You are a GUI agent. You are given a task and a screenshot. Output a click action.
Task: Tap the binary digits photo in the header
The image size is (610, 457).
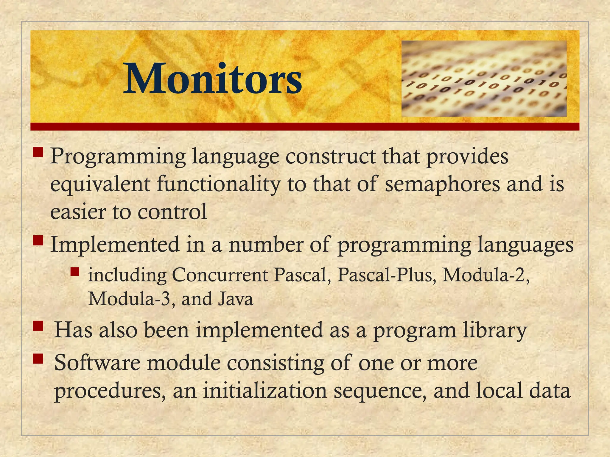(484, 79)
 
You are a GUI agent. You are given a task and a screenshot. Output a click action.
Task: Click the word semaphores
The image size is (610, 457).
(442, 184)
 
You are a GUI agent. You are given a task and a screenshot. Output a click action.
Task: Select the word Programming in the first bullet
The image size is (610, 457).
(118, 157)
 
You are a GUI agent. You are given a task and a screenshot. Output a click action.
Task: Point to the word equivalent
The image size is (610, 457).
(100, 184)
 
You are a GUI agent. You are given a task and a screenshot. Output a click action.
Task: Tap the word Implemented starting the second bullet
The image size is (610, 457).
(115, 244)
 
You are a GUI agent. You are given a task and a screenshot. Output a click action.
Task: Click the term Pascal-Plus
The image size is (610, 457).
(385, 275)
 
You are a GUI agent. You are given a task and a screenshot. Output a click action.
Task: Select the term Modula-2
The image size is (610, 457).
(485, 275)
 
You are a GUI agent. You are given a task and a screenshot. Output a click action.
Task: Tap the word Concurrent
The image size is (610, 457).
(220, 275)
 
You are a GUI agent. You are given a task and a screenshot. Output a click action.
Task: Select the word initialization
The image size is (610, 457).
(265, 391)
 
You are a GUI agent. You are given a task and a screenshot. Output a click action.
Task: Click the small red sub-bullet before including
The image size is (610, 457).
(75, 272)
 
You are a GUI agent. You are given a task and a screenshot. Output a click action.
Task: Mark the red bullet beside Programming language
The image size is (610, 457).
(38, 153)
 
